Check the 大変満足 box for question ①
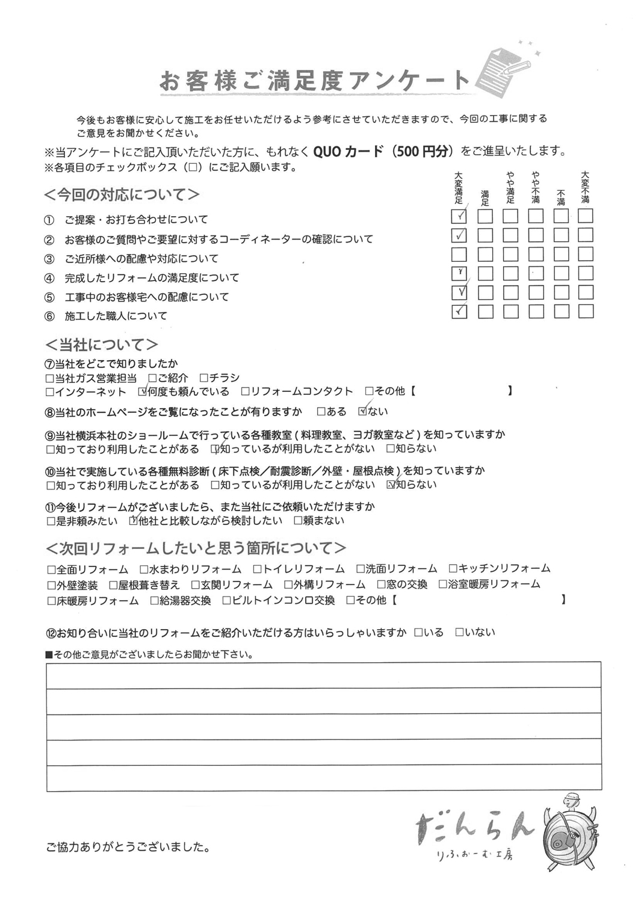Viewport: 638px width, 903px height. [459, 216]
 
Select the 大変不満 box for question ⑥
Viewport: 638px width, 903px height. [586, 312]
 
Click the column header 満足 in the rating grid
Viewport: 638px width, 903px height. [485, 198]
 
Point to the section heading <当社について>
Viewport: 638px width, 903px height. [102, 345]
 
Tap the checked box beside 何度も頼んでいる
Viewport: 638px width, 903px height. [143, 392]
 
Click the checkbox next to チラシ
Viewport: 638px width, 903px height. [204, 378]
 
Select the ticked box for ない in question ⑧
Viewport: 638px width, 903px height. [362, 412]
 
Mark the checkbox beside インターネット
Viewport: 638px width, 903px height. [50, 392]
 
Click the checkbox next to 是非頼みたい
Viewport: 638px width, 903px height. [50, 521]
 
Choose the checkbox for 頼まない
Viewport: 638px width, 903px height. [298, 521]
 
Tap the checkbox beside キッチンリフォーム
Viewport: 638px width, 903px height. [453, 569]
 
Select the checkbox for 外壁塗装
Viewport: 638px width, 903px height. [50, 585]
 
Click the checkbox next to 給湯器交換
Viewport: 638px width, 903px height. [155, 601]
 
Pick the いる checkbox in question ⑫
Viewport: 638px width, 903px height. [419, 633]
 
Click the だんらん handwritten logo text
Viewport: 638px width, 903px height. [475, 825]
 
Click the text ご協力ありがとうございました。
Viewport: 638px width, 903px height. [128, 848]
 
